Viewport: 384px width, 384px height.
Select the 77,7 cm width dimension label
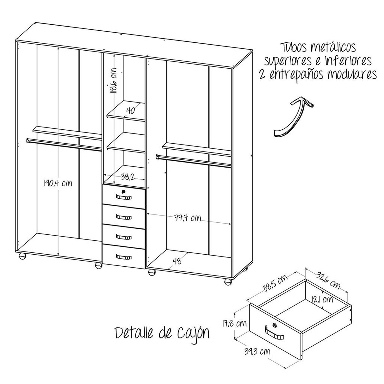(188, 218)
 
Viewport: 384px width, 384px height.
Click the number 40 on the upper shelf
(130, 110)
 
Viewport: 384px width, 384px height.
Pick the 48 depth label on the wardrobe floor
(177, 261)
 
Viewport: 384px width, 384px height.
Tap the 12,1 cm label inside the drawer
(322, 299)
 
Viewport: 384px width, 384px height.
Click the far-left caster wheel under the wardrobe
(22, 256)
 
